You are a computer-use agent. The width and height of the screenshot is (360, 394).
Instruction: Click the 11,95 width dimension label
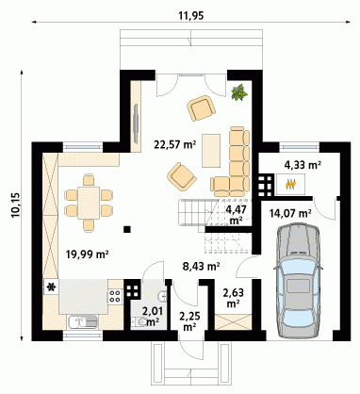click(x=191, y=16)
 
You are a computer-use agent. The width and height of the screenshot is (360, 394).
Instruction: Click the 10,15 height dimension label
click(x=16, y=205)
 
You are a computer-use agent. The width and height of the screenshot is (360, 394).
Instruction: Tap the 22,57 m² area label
click(x=175, y=144)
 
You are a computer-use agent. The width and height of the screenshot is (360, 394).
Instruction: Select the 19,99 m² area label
click(x=88, y=254)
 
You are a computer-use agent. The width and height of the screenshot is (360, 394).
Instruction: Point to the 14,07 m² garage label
click(x=290, y=214)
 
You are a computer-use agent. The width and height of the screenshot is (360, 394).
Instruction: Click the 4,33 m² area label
click(x=303, y=165)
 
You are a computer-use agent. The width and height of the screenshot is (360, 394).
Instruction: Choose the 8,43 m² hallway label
click(x=201, y=267)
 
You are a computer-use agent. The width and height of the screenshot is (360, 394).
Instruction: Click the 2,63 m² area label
click(x=233, y=298)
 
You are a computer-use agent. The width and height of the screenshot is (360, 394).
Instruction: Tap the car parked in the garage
click(x=298, y=281)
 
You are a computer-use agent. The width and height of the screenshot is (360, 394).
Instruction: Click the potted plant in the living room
click(x=239, y=92)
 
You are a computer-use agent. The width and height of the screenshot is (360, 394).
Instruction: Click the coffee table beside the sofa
click(x=211, y=151)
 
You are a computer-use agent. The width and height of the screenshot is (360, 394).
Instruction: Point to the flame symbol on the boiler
click(x=291, y=184)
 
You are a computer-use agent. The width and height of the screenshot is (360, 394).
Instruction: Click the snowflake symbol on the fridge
click(x=51, y=287)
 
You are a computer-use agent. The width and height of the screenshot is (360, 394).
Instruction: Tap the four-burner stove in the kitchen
click(x=115, y=296)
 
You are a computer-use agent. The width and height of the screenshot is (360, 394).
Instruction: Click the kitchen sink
click(x=82, y=322)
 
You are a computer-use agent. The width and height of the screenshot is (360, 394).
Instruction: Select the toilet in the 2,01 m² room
click(x=139, y=321)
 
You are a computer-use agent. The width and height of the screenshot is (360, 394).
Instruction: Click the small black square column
click(x=127, y=229)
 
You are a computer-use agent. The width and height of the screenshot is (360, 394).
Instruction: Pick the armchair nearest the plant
click(x=202, y=107)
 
